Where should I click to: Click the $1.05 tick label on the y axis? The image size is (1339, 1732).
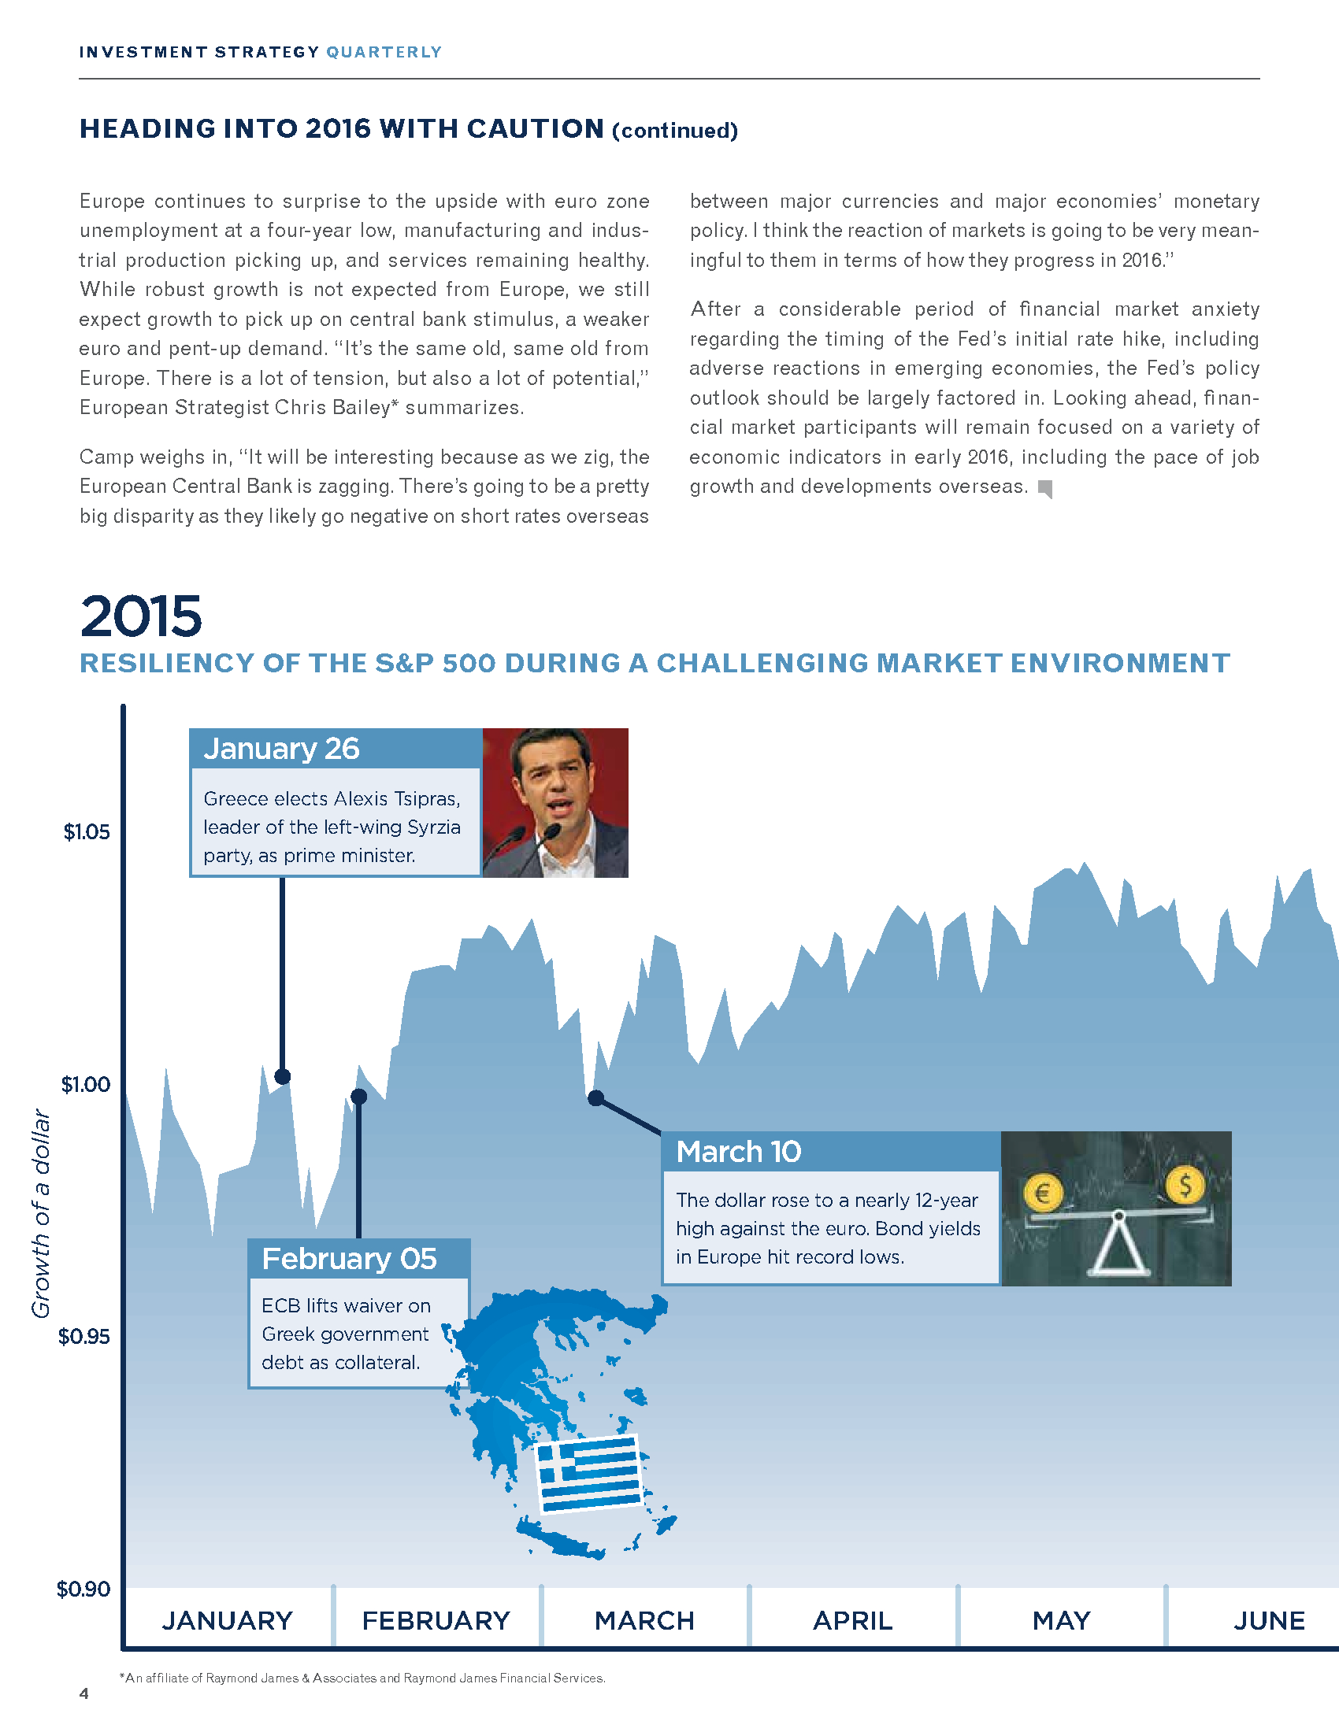click(87, 832)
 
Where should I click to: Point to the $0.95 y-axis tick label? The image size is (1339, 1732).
click(84, 1336)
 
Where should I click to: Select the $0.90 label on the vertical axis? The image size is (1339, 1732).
click(83, 1589)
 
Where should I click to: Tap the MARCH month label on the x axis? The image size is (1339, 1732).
click(644, 1620)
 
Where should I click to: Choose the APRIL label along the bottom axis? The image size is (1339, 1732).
click(853, 1620)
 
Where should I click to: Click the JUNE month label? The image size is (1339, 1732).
click(1268, 1620)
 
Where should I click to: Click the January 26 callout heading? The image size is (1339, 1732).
click(282, 749)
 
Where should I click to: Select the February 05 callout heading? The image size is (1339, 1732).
click(349, 1259)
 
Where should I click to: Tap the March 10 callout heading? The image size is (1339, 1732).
click(739, 1152)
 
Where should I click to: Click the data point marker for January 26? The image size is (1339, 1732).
click(283, 1076)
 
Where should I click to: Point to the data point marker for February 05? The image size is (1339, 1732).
click(358, 1097)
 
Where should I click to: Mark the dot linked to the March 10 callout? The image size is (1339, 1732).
click(595, 1098)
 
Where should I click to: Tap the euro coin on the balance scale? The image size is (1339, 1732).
click(1042, 1192)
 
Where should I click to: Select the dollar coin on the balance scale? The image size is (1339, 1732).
click(1185, 1186)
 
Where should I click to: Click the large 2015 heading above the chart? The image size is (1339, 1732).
click(141, 616)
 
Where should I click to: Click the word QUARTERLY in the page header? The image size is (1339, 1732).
click(384, 52)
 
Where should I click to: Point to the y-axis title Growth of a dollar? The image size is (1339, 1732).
click(40, 1213)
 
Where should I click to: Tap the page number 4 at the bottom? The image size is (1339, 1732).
click(84, 1694)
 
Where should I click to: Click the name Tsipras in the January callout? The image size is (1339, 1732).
click(425, 798)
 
